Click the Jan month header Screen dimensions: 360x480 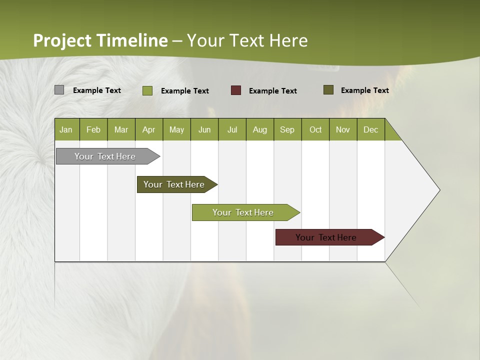[66, 129]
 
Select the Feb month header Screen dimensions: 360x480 [93, 129]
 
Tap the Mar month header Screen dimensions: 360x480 [121, 129]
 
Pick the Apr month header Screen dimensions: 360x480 [149, 129]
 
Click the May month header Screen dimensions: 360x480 [176, 129]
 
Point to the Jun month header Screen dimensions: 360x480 [204, 129]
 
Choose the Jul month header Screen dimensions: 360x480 [232, 129]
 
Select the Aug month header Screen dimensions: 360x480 [260, 129]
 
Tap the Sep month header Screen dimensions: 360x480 [287, 129]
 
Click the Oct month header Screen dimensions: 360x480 [315, 129]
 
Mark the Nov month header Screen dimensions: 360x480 [343, 129]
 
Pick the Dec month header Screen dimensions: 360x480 [371, 129]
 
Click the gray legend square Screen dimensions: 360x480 [59, 90]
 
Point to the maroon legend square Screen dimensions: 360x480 [236, 90]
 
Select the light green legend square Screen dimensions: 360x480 [147, 90]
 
